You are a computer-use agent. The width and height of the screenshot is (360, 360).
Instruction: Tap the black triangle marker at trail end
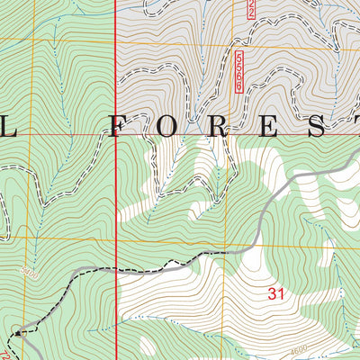pyautogui.click(x=17, y=332)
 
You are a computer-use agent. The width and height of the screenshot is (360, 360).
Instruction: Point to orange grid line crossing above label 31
pyautogui.click(x=270, y=242)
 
